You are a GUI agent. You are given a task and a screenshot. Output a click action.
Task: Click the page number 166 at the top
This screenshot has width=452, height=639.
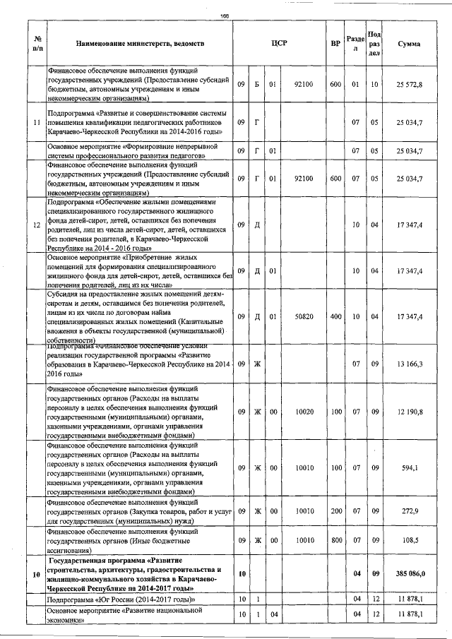(225, 16)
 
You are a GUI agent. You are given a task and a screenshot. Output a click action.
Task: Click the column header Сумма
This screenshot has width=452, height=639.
(410, 44)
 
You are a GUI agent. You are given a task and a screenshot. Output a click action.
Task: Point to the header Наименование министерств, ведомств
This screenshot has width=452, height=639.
(140, 44)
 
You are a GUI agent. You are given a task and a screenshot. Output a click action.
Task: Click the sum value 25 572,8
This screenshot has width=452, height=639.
(410, 85)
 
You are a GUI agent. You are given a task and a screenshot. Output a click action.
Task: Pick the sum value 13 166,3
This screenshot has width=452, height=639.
(410, 364)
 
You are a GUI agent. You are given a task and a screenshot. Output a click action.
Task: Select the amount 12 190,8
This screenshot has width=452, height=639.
(410, 411)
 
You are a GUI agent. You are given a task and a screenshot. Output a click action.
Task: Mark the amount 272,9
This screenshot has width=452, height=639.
(410, 511)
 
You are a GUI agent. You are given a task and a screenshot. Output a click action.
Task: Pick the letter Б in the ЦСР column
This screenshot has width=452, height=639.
(257, 85)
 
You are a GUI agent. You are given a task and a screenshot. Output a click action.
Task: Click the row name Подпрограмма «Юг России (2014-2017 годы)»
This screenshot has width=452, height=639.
(119, 599)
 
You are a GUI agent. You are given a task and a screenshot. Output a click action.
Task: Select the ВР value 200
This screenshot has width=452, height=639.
(335, 511)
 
